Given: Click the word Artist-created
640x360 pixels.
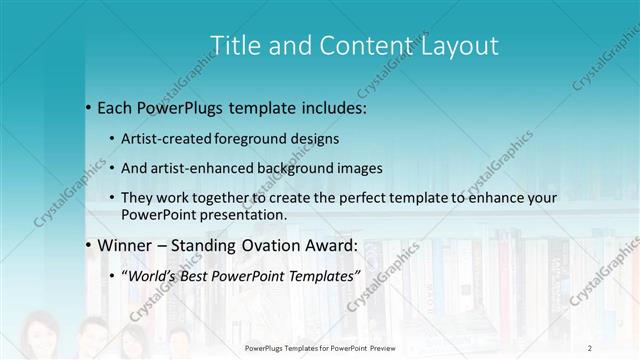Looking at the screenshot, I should point(166,138).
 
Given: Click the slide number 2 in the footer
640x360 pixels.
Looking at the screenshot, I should point(590,347).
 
